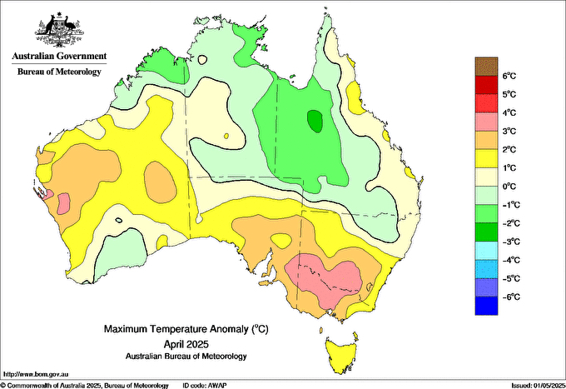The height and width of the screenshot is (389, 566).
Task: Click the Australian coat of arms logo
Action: tap(58, 30)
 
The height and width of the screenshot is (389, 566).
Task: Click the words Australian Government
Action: tap(58, 57)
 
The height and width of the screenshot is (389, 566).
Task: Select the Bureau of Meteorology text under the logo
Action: tap(58, 72)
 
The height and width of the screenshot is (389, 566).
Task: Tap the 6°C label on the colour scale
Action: tap(510, 76)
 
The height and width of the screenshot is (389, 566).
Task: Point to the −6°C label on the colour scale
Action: tap(509, 297)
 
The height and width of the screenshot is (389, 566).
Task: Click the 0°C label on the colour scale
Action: tap(510, 187)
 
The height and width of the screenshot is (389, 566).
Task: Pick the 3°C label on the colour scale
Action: tap(510, 132)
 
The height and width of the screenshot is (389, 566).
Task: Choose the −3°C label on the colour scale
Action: tap(509, 242)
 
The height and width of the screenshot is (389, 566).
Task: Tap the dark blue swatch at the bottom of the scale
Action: tap(485, 306)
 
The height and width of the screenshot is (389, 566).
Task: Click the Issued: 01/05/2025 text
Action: tap(537, 385)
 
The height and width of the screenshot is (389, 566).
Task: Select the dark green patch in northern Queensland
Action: tap(315, 121)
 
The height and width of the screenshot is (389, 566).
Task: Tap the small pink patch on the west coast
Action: tap(48, 197)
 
